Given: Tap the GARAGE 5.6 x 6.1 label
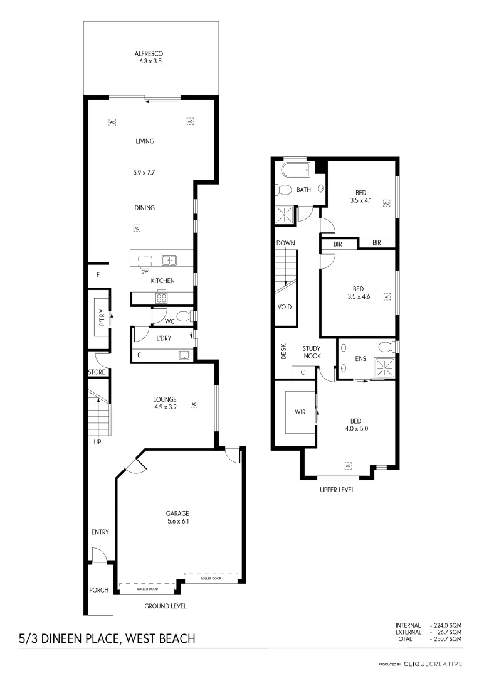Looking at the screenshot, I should (x=177, y=517).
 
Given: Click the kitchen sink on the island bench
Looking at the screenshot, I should (x=168, y=259).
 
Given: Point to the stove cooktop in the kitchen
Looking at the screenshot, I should (x=161, y=298).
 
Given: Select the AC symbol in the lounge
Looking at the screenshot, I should (x=194, y=403).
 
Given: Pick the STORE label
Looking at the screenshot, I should (x=97, y=372).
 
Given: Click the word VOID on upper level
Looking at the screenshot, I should (x=284, y=308).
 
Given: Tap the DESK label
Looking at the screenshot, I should (x=283, y=353).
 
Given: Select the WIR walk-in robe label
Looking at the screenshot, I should (x=300, y=412).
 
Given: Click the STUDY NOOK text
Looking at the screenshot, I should (x=312, y=352).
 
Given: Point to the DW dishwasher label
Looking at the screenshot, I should (x=144, y=271).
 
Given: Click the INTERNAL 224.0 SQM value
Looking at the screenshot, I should (x=448, y=625).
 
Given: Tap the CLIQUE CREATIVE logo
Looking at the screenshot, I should (x=432, y=664).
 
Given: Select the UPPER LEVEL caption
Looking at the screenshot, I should (x=337, y=490).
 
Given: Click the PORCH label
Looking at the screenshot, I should (x=98, y=590).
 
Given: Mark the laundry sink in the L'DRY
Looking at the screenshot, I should (x=184, y=355).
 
